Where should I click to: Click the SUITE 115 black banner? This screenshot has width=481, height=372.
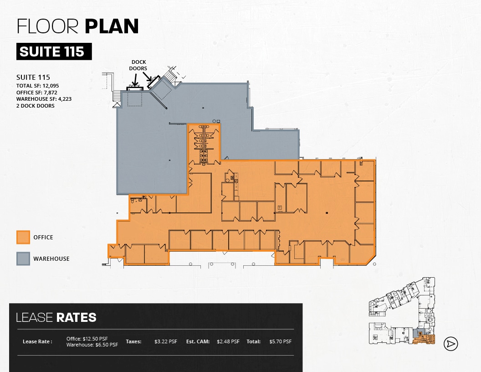pyautogui.click(x=54, y=52)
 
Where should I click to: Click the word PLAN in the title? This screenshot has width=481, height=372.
pyautogui.click(x=112, y=26)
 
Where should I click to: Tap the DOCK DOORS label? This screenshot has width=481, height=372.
pyautogui.click(x=138, y=65)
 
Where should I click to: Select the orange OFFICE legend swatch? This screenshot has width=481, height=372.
pyautogui.click(x=23, y=237)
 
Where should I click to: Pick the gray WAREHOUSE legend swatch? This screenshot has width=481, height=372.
pyautogui.click(x=23, y=258)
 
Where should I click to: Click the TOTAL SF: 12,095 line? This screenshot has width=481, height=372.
pyautogui.click(x=38, y=86)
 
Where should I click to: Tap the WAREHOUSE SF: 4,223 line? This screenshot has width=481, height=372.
pyautogui.click(x=44, y=99)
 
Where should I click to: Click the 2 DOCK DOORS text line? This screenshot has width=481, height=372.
pyautogui.click(x=36, y=106)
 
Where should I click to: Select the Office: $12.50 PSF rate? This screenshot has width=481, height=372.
pyautogui.click(x=87, y=339)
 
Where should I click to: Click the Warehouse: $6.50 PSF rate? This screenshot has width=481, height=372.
pyautogui.click(x=92, y=345)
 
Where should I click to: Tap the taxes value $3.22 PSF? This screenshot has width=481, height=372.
pyautogui.click(x=165, y=341)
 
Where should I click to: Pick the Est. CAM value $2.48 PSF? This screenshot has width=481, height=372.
pyautogui.click(x=228, y=341)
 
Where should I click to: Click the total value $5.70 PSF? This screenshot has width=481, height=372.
pyautogui.click(x=280, y=341)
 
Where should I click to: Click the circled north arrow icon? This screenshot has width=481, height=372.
pyautogui.click(x=451, y=344)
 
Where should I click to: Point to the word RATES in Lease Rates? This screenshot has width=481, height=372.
pyautogui.click(x=76, y=317)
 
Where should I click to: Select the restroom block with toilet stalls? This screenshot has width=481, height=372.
pyautogui.click(x=204, y=144)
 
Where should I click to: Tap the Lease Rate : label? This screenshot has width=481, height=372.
pyautogui.click(x=37, y=341)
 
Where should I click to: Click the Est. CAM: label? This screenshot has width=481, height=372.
pyautogui.click(x=198, y=341)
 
